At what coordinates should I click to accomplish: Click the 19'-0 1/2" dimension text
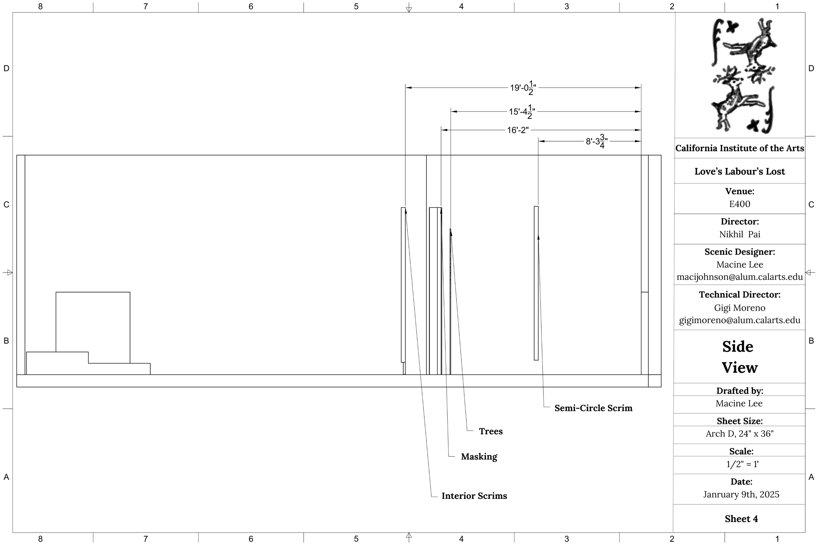pyautogui.click(x=523, y=88)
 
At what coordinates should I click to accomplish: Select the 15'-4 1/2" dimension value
pyautogui.click(x=522, y=112)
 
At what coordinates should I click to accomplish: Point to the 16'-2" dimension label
pyautogui.click(x=518, y=130)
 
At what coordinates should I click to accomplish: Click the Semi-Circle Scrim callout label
pyautogui.click(x=593, y=408)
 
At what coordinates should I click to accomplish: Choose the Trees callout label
pyautogui.click(x=491, y=431)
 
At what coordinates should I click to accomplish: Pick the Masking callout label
pyautogui.click(x=479, y=457)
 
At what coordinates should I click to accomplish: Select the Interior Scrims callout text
pyautogui.click(x=474, y=496)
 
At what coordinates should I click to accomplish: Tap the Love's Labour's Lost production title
pyautogui.click(x=739, y=171)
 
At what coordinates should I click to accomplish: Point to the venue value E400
pyautogui.click(x=739, y=204)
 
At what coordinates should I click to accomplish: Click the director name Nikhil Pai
pyautogui.click(x=739, y=234)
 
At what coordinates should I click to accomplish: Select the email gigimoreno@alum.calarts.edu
pyautogui.click(x=739, y=320)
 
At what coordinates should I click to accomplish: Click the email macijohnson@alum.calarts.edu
pyautogui.click(x=739, y=277)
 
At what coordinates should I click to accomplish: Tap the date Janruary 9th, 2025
pyautogui.click(x=741, y=495)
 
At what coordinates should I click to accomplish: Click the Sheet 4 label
pyautogui.click(x=741, y=519)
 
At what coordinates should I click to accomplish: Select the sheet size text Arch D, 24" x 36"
pyautogui.click(x=739, y=434)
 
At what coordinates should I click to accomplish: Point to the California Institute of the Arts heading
pyautogui.click(x=739, y=148)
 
